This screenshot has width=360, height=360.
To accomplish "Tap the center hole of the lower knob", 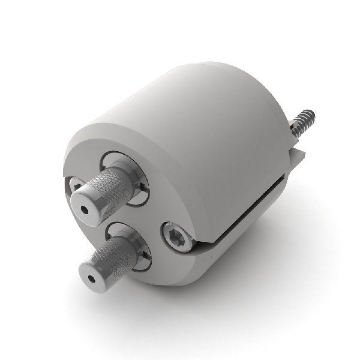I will click(91, 278).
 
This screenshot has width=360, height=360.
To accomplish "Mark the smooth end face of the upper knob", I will click(88, 207).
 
